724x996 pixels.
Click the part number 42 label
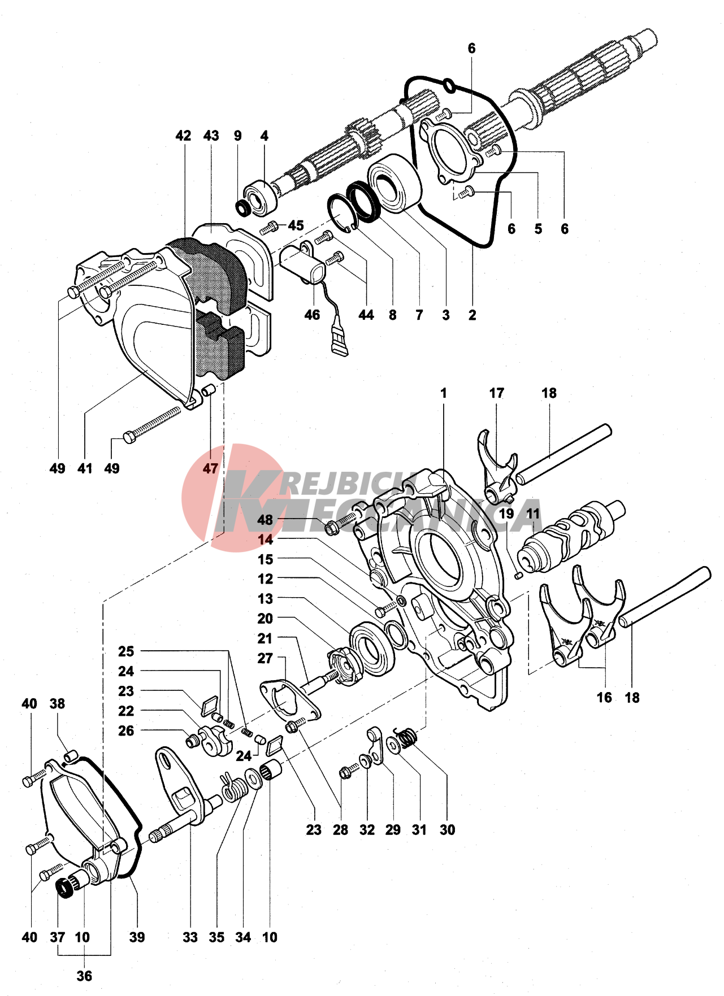coord(183,136)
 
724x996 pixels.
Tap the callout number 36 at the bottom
coord(84,976)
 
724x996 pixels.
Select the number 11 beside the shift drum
coord(533,514)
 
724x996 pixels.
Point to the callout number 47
coord(210,468)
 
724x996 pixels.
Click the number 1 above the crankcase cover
coord(444,393)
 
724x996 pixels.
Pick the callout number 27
coord(265,658)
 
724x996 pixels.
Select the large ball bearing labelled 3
coord(394,184)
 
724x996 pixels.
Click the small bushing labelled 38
coord(70,755)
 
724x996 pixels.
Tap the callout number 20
coord(265,619)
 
